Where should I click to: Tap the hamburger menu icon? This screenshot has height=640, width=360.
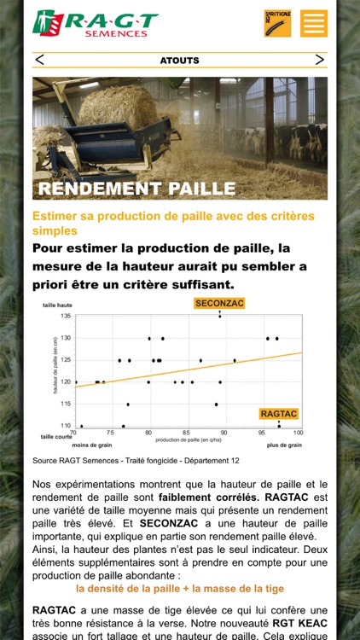(314, 23)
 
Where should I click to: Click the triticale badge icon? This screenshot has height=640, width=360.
(277, 23)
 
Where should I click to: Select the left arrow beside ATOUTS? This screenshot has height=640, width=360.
(40, 60)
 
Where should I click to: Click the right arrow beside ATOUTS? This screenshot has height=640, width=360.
(319, 60)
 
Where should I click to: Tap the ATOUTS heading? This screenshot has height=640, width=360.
(179, 61)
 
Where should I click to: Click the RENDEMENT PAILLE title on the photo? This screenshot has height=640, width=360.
(136, 188)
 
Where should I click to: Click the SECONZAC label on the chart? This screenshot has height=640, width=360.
(219, 303)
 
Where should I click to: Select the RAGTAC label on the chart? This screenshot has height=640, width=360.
(279, 414)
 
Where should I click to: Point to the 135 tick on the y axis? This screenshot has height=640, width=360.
(66, 317)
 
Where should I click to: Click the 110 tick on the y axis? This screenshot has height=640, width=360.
(66, 425)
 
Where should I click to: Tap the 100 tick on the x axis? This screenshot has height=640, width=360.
(297, 433)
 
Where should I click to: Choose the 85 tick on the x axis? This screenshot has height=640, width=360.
(186, 433)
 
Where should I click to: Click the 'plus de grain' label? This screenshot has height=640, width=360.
(284, 445)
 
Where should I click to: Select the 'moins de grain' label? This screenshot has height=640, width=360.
(92, 445)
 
